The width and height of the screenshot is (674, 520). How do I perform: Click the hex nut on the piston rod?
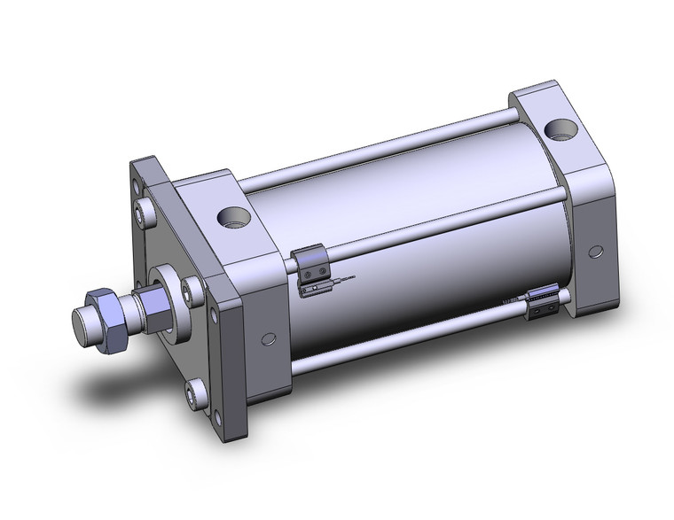[x=108, y=312]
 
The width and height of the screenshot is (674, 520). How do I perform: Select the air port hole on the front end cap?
[x=234, y=215]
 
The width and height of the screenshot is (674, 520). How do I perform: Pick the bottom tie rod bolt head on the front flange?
[x=194, y=390]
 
